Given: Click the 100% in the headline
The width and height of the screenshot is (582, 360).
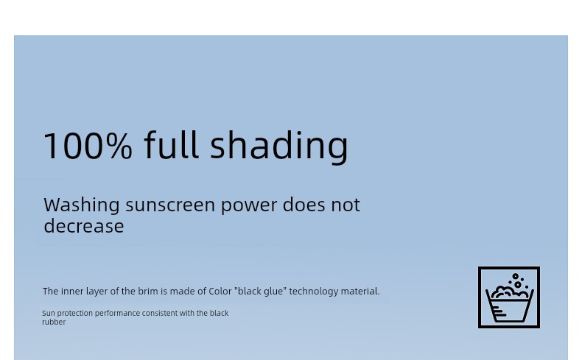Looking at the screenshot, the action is [x=88, y=145].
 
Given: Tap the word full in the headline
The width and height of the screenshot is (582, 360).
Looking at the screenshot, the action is [x=171, y=144].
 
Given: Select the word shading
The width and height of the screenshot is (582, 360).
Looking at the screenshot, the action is [x=279, y=147].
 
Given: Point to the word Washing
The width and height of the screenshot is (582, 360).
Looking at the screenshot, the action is [x=82, y=205].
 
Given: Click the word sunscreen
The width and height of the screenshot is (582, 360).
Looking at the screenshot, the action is [x=170, y=205].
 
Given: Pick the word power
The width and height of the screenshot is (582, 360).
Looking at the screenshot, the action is [x=249, y=207].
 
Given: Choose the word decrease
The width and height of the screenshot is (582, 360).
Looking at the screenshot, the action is [x=84, y=226].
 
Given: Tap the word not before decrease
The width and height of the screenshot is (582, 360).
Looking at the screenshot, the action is [x=346, y=205].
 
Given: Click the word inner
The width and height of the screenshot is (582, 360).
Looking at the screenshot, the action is [x=72, y=292].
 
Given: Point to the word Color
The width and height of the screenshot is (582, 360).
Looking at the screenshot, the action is [x=220, y=292].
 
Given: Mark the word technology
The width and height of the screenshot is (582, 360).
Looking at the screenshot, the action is [x=314, y=292].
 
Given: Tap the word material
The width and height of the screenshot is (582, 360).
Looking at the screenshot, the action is [x=360, y=292].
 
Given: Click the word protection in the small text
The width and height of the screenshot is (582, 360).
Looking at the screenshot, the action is [x=74, y=314].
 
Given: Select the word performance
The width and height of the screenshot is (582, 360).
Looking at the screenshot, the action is [x=117, y=314].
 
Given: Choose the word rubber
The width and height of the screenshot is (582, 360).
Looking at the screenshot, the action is [x=54, y=322].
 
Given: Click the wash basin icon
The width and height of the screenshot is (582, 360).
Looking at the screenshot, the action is [x=509, y=297].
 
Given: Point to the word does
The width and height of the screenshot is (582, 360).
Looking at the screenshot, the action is [x=304, y=205].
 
